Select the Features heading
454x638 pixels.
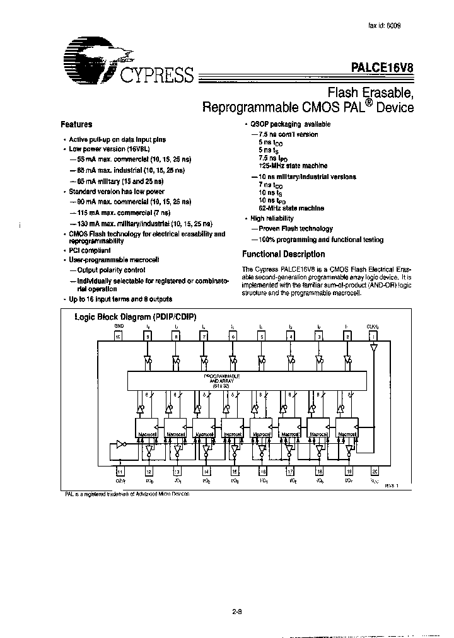tap(76, 125)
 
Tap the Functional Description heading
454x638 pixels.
tap(284, 255)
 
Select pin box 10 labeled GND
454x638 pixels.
tap(117, 336)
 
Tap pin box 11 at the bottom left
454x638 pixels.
tap(119, 471)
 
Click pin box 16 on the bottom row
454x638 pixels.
tap(262, 471)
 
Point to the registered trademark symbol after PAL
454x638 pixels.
tap(365, 103)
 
